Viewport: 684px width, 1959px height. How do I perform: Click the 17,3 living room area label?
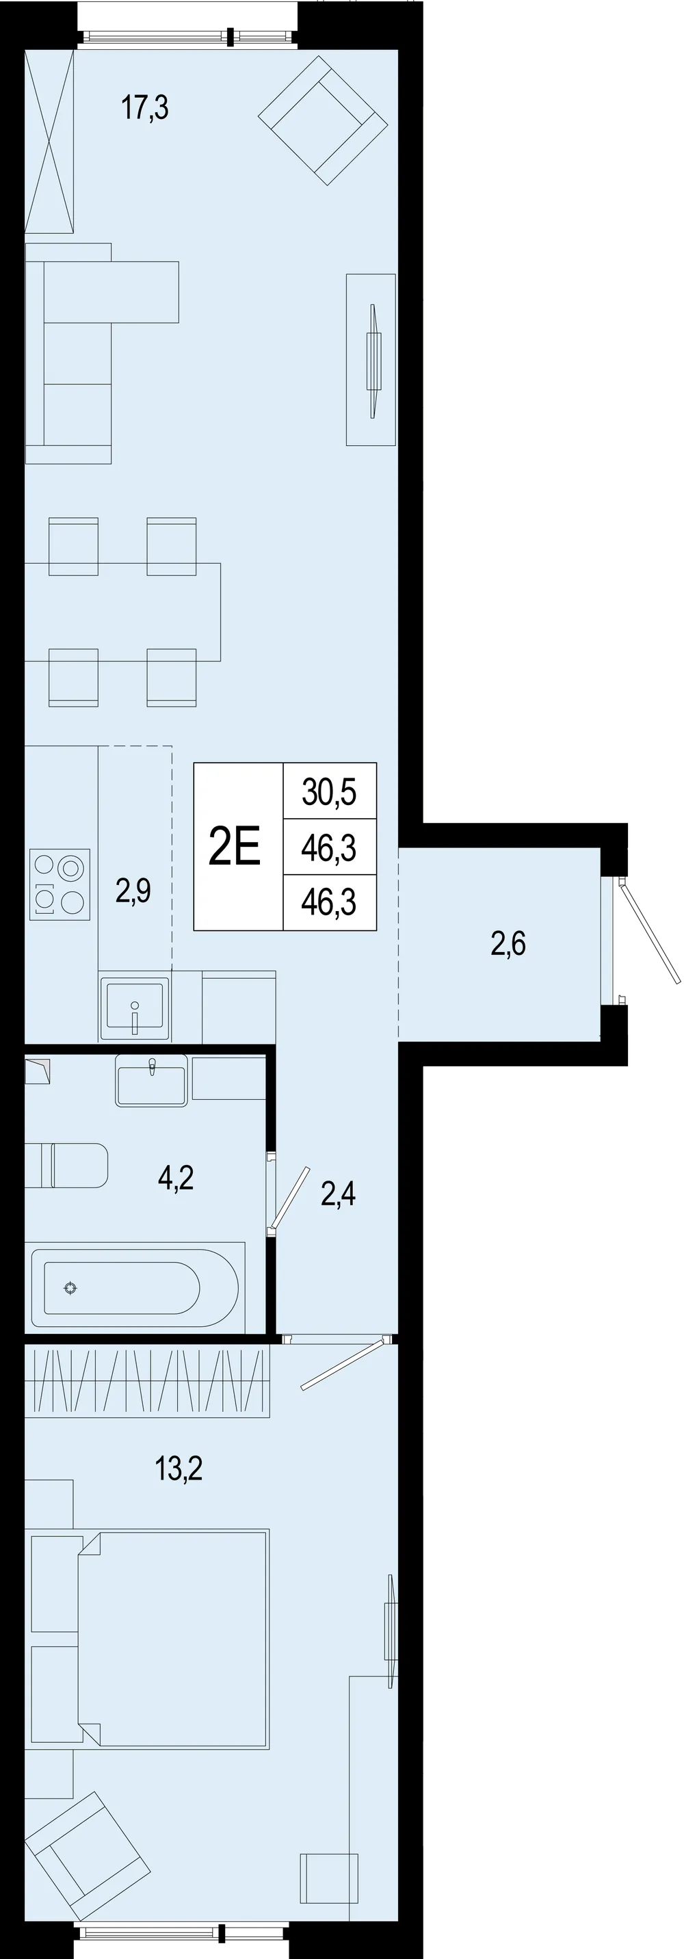[144, 108]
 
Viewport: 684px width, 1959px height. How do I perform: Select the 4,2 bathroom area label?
[176, 1177]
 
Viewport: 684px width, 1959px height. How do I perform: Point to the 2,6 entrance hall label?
[508, 944]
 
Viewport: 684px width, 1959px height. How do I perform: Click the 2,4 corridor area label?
[338, 1194]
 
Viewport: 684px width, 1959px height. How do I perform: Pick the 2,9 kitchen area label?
[133, 890]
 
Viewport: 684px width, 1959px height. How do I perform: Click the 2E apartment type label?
[235, 846]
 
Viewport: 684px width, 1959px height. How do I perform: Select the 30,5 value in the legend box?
[329, 791]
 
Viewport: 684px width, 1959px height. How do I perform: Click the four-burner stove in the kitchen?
[60, 884]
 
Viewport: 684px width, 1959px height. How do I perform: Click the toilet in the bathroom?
[66, 1165]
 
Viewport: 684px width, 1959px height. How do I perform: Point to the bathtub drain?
[70, 1287]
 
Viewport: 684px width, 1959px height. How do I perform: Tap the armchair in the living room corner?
[324, 120]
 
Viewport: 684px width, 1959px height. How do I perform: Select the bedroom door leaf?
[341, 1365]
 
